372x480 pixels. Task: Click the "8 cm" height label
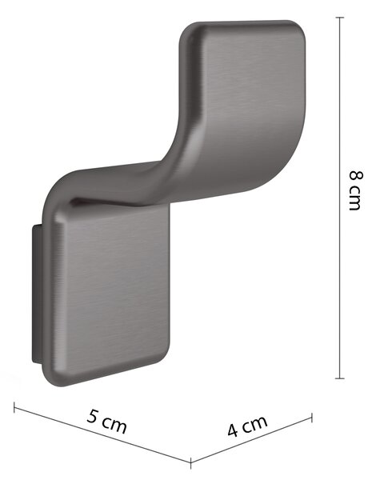pos(356,190)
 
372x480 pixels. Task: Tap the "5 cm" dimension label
pos(107,422)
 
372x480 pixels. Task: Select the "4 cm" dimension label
pos(247,426)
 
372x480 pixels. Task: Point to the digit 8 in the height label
pos(356,175)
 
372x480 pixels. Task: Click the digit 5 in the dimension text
pos(93,416)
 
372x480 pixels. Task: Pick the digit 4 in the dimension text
pos(234,431)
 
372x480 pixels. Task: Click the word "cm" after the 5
pos(114,426)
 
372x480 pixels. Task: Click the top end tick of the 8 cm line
pos(339,18)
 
